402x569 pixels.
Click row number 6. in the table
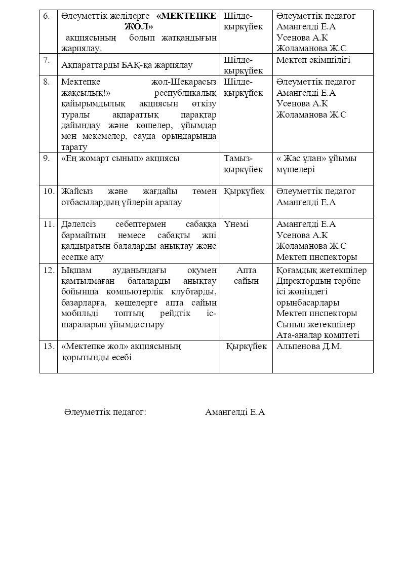47,16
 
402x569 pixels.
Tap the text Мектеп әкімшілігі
313,60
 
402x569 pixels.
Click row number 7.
47,60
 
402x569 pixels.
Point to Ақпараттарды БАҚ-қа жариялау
127,65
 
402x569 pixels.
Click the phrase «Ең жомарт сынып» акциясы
120,158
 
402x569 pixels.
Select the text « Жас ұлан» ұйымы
316,158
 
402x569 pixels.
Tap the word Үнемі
236,224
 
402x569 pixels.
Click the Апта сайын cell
246,275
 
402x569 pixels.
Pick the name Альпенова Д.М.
309,347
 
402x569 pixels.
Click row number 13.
48,347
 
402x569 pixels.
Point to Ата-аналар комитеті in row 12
318,335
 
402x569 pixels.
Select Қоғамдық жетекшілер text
321,270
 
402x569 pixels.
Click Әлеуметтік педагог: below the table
105,412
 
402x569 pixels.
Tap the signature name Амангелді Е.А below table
235,412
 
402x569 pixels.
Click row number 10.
48,191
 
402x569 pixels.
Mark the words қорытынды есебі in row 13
96,358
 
